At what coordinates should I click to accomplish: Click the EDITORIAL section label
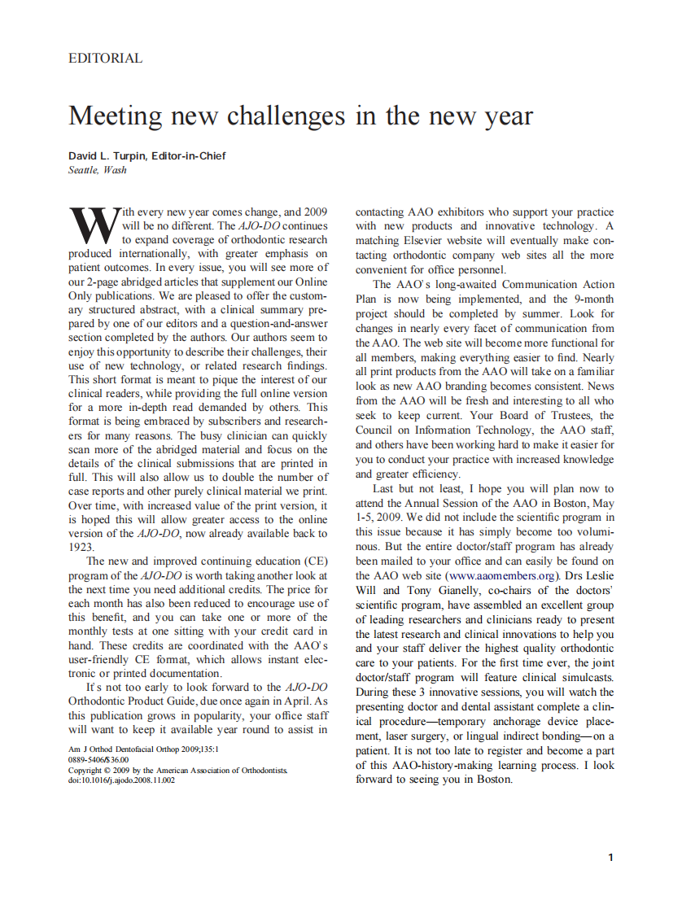point(106,59)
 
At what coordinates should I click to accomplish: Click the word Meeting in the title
point(115,116)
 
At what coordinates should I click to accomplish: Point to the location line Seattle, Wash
point(98,170)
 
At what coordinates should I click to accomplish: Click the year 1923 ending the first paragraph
point(81,547)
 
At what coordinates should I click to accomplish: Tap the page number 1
point(610,857)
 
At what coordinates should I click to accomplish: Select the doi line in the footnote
point(121,780)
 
